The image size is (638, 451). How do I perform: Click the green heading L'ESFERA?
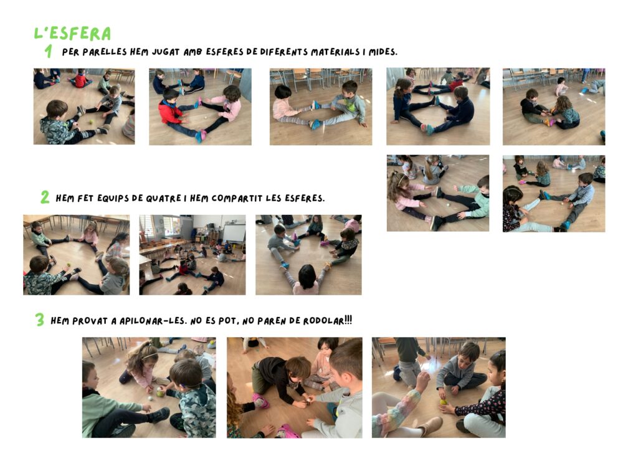click(72, 34)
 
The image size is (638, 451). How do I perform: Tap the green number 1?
click(49, 51)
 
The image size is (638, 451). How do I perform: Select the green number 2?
click(45, 197)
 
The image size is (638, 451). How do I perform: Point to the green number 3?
click(39, 320)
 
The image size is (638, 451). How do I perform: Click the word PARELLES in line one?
click(105, 52)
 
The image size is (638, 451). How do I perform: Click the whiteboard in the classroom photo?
click(234, 233)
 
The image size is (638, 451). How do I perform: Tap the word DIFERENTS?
click(283, 52)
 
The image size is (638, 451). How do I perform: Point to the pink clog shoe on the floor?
click(260, 401)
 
